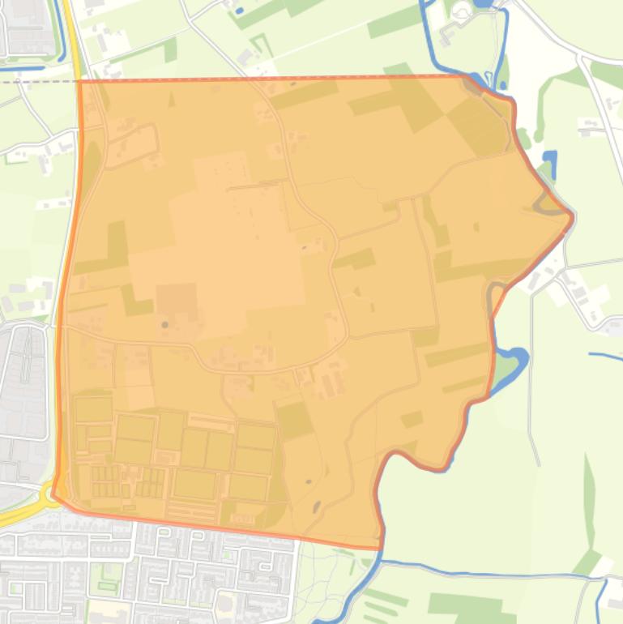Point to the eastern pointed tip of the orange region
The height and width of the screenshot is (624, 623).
(x=572, y=216)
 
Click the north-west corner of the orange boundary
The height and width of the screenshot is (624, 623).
(x=79, y=80)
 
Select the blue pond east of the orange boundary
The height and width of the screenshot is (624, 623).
(x=550, y=163)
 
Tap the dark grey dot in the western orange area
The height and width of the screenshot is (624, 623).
(x=165, y=325)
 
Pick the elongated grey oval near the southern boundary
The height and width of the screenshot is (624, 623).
(x=316, y=507)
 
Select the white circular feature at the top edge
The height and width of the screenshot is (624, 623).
(x=461, y=11)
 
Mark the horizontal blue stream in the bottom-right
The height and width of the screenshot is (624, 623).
(x=486, y=573)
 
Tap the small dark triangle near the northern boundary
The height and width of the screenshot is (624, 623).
(x=171, y=100)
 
